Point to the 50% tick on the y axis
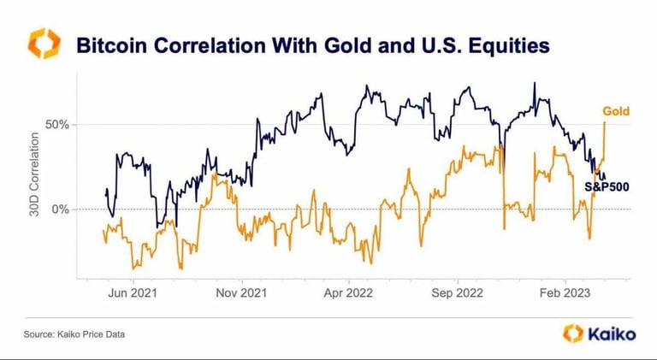tap(56, 125)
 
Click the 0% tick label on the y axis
tap(59, 210)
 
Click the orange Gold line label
tap(616, 111)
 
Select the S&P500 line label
tap(607, 186)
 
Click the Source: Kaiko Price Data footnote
tap(73, 334)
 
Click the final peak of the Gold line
tap(605, 122)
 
